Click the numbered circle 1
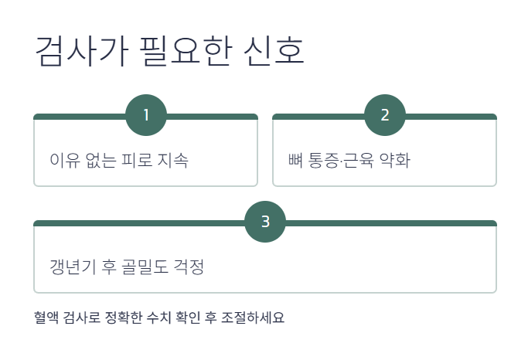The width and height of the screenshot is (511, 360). [x=146, y=115]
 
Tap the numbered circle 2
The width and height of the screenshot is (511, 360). [x=385, y=115]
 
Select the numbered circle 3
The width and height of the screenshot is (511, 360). [x=265, y=222]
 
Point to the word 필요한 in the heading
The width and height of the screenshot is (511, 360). [x=175, y=52]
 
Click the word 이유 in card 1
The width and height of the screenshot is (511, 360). [x=63, y=161]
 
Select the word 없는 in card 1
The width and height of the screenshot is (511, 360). [x=97, y=161]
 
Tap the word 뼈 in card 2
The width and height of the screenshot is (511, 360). [x=294, y=161]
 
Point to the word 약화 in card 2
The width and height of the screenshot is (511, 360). [x=394, y=161]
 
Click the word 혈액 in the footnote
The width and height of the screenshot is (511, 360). [x=46, y=318]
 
